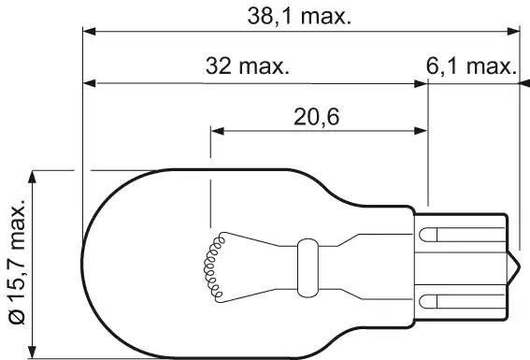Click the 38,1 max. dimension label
point(299,16)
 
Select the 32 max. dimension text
point(248,65)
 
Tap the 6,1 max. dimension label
point(471,65)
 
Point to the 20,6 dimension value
point(316,117)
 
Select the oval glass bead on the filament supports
point(308,268)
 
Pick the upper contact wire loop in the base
point(428,235)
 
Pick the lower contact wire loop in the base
point(428,301)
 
